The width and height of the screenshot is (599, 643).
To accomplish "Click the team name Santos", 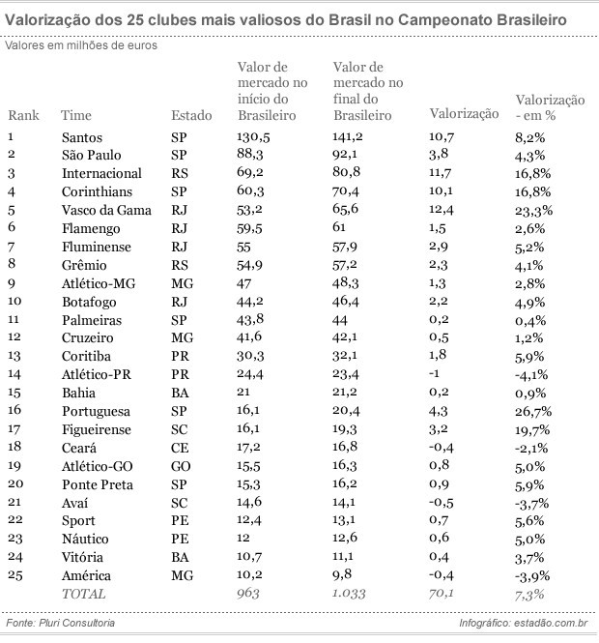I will click(x=81, y=137).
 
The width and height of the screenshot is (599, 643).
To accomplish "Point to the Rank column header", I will click(x=23, y=115).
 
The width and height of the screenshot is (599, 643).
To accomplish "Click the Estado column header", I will click(x=191, y=115).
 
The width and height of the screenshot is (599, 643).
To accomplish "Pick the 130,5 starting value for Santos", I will click(x=254, y=137).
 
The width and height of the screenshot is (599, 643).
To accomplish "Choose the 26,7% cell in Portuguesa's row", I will click(x=533, y=411).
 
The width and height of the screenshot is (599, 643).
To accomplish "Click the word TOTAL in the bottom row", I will click(x=84, y=594).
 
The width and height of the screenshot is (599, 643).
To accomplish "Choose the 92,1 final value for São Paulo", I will click(x=346, y=156).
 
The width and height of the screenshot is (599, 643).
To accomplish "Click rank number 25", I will click(x=14, y=575).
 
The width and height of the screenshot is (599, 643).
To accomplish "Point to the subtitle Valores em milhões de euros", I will click(x=81, y=44).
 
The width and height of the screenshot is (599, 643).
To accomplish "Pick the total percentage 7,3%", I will click(x=529, y=594).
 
